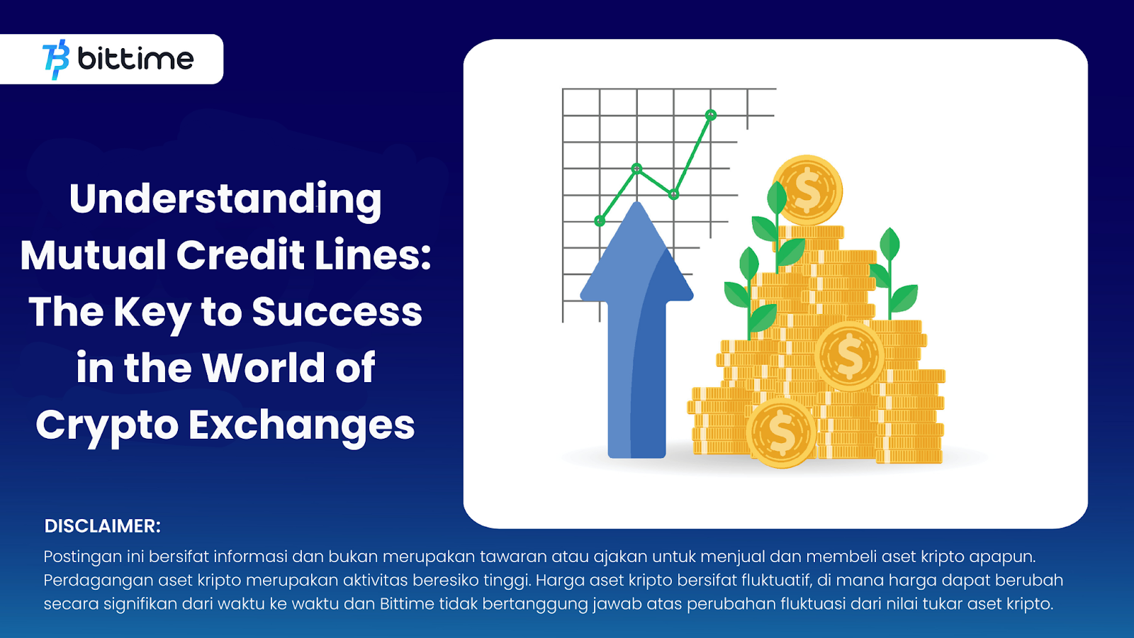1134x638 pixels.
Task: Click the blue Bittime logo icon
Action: click(x=56, y=60)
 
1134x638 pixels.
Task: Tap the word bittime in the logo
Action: click(x=135, y=59)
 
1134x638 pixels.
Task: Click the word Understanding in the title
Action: click(x=225, y=199)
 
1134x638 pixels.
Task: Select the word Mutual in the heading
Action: click(x=93, y=254)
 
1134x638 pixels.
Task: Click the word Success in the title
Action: click(x=337, y=311)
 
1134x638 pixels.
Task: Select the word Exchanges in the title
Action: click(x=302, y=425)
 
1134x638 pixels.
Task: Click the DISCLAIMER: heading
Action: click(x=102, y=526)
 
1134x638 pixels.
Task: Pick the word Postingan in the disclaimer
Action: click(x=82, y=557)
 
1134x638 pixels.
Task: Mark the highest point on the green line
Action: click(x=711, y=115)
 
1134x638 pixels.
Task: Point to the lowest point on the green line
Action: click(x=600, y=220)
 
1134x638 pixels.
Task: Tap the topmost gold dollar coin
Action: click(x=808, y=191)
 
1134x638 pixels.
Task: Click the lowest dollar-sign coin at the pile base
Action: click(x=781, y=433)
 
